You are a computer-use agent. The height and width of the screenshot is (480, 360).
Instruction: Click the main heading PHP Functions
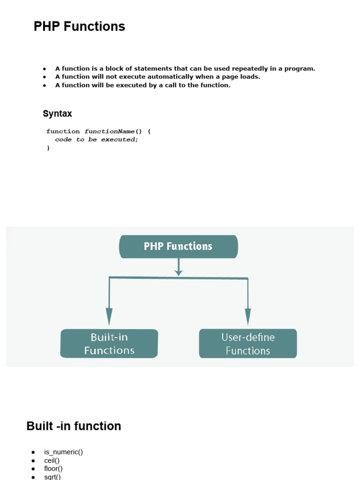coord(79,26)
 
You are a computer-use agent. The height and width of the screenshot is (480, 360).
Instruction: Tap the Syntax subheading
coord(57,113)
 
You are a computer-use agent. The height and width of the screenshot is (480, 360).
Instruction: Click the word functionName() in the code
coord(113,131)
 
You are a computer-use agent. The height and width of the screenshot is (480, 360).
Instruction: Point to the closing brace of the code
coord(48,148)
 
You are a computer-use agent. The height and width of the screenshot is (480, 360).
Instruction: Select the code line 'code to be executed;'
coord(97,140)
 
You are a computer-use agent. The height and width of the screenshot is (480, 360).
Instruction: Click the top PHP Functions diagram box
coord(179,247)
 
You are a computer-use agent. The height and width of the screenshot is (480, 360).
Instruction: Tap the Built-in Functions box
coord(109,344)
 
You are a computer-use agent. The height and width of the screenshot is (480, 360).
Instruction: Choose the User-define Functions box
coord(248,344)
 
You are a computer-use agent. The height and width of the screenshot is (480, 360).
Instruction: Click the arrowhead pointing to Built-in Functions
coord(109,316)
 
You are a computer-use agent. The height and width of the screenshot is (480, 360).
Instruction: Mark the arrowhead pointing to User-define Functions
coord(248,316)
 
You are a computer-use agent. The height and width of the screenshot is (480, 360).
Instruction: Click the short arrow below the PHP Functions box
coord(179,267)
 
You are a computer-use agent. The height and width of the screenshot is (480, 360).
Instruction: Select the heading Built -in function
coord(74,426)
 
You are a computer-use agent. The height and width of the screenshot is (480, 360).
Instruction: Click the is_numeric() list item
coord(63,452)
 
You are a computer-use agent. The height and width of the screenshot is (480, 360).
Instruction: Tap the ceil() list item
coord(52,460)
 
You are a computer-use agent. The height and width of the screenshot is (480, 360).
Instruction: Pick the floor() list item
coord(53,469)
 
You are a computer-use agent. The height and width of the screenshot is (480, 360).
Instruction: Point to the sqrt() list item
coord(52,477)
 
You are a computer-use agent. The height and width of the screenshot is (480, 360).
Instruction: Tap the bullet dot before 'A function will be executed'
coord(45,85)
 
